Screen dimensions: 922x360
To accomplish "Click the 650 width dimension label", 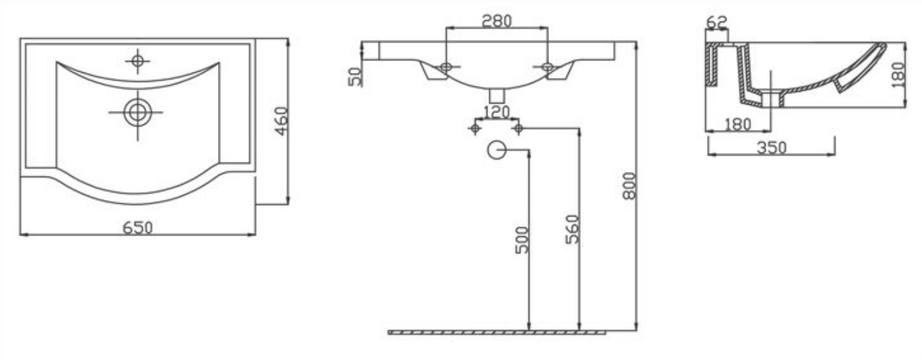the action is [x=138, y=227].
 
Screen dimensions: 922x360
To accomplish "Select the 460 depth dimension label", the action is [x=282, y=121].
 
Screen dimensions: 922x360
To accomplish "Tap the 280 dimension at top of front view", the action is [x=497, y=20].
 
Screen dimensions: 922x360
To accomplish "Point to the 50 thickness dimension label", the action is [x=355, y=76].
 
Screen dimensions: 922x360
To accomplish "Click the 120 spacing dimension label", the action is [x=496, y=112].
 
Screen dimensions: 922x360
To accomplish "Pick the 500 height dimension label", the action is [x=521, y=240].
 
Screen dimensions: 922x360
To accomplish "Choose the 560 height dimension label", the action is [x=572, y=229].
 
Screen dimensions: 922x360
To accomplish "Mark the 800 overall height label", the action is [x=630, y=185].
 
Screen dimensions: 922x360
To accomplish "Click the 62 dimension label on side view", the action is [x=717, y=22].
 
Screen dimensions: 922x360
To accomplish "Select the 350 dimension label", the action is [x=772, y=148].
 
